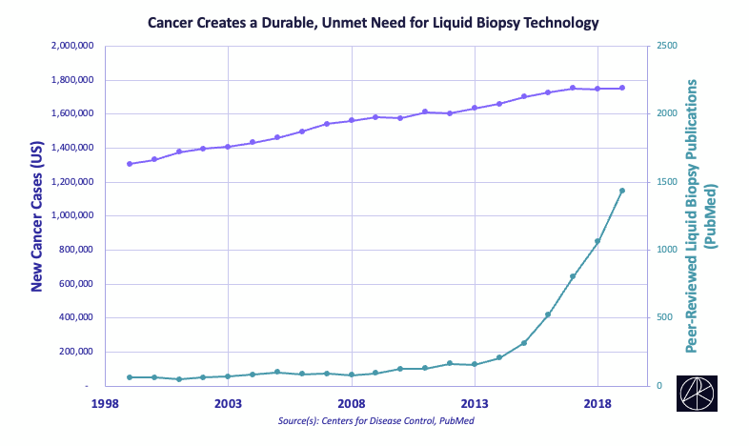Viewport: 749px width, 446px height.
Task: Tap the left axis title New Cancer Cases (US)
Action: coord(38,217)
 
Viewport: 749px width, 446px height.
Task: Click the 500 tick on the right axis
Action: coord(665,318)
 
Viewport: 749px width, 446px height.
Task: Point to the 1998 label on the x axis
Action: coord(105,404)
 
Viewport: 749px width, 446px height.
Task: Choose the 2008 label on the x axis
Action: coord(352,404)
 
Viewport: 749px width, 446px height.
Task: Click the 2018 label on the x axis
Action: coord(597,404)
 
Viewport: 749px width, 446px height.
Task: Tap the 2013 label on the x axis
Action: coord(475,404)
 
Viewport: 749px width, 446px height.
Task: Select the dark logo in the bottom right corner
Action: coord(699,395)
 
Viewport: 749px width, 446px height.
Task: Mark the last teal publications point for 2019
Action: coord(622,191)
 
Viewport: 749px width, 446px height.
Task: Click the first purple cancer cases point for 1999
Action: coord(130,164)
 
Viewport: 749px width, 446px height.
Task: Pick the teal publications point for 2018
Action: coord(597,241)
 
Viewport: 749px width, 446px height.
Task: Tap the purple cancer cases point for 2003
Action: coord(228,147)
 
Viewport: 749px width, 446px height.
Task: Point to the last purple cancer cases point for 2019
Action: coord(622,88)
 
